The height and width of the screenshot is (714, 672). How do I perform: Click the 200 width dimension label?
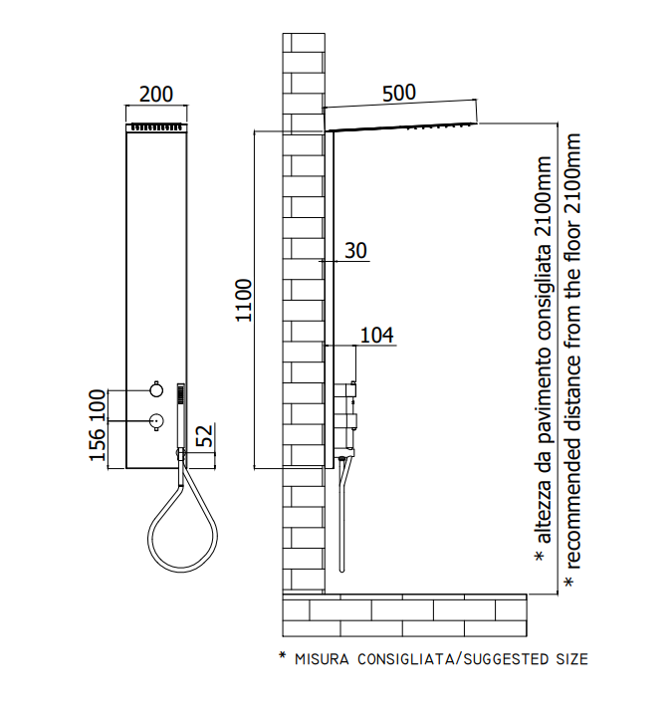(156, 95)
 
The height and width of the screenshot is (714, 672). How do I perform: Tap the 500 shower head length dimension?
(399, 93)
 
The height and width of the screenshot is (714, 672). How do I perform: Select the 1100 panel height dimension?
(244, 301)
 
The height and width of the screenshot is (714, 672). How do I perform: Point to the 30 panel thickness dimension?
(355, 250)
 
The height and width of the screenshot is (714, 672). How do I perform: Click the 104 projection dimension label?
(377, 336)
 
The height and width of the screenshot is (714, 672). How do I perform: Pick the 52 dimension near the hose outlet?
(205, 436)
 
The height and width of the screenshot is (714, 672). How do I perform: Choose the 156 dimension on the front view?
(97, 445)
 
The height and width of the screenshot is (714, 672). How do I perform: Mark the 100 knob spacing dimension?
(97, 405)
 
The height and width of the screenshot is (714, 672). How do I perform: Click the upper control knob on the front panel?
(156, 389)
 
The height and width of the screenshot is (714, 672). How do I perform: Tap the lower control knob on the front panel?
(156, 421)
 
